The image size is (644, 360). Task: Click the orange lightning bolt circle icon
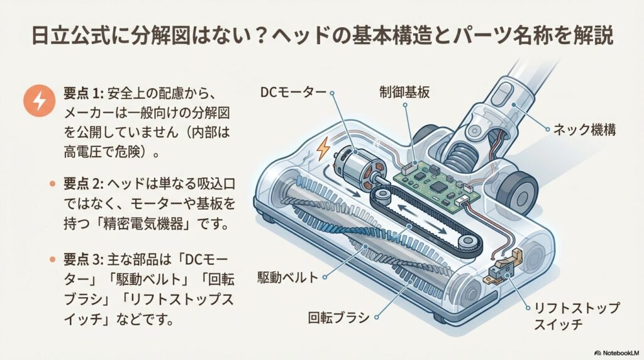tap(38, 103)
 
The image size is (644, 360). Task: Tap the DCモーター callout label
tap(292, 93)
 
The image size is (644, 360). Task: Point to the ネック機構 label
tap(584, 130)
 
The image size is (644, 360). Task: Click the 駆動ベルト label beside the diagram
tap(288, 277)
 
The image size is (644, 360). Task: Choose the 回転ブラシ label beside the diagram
tap(339, 317)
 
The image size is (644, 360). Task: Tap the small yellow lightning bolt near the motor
tap(324, 149)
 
